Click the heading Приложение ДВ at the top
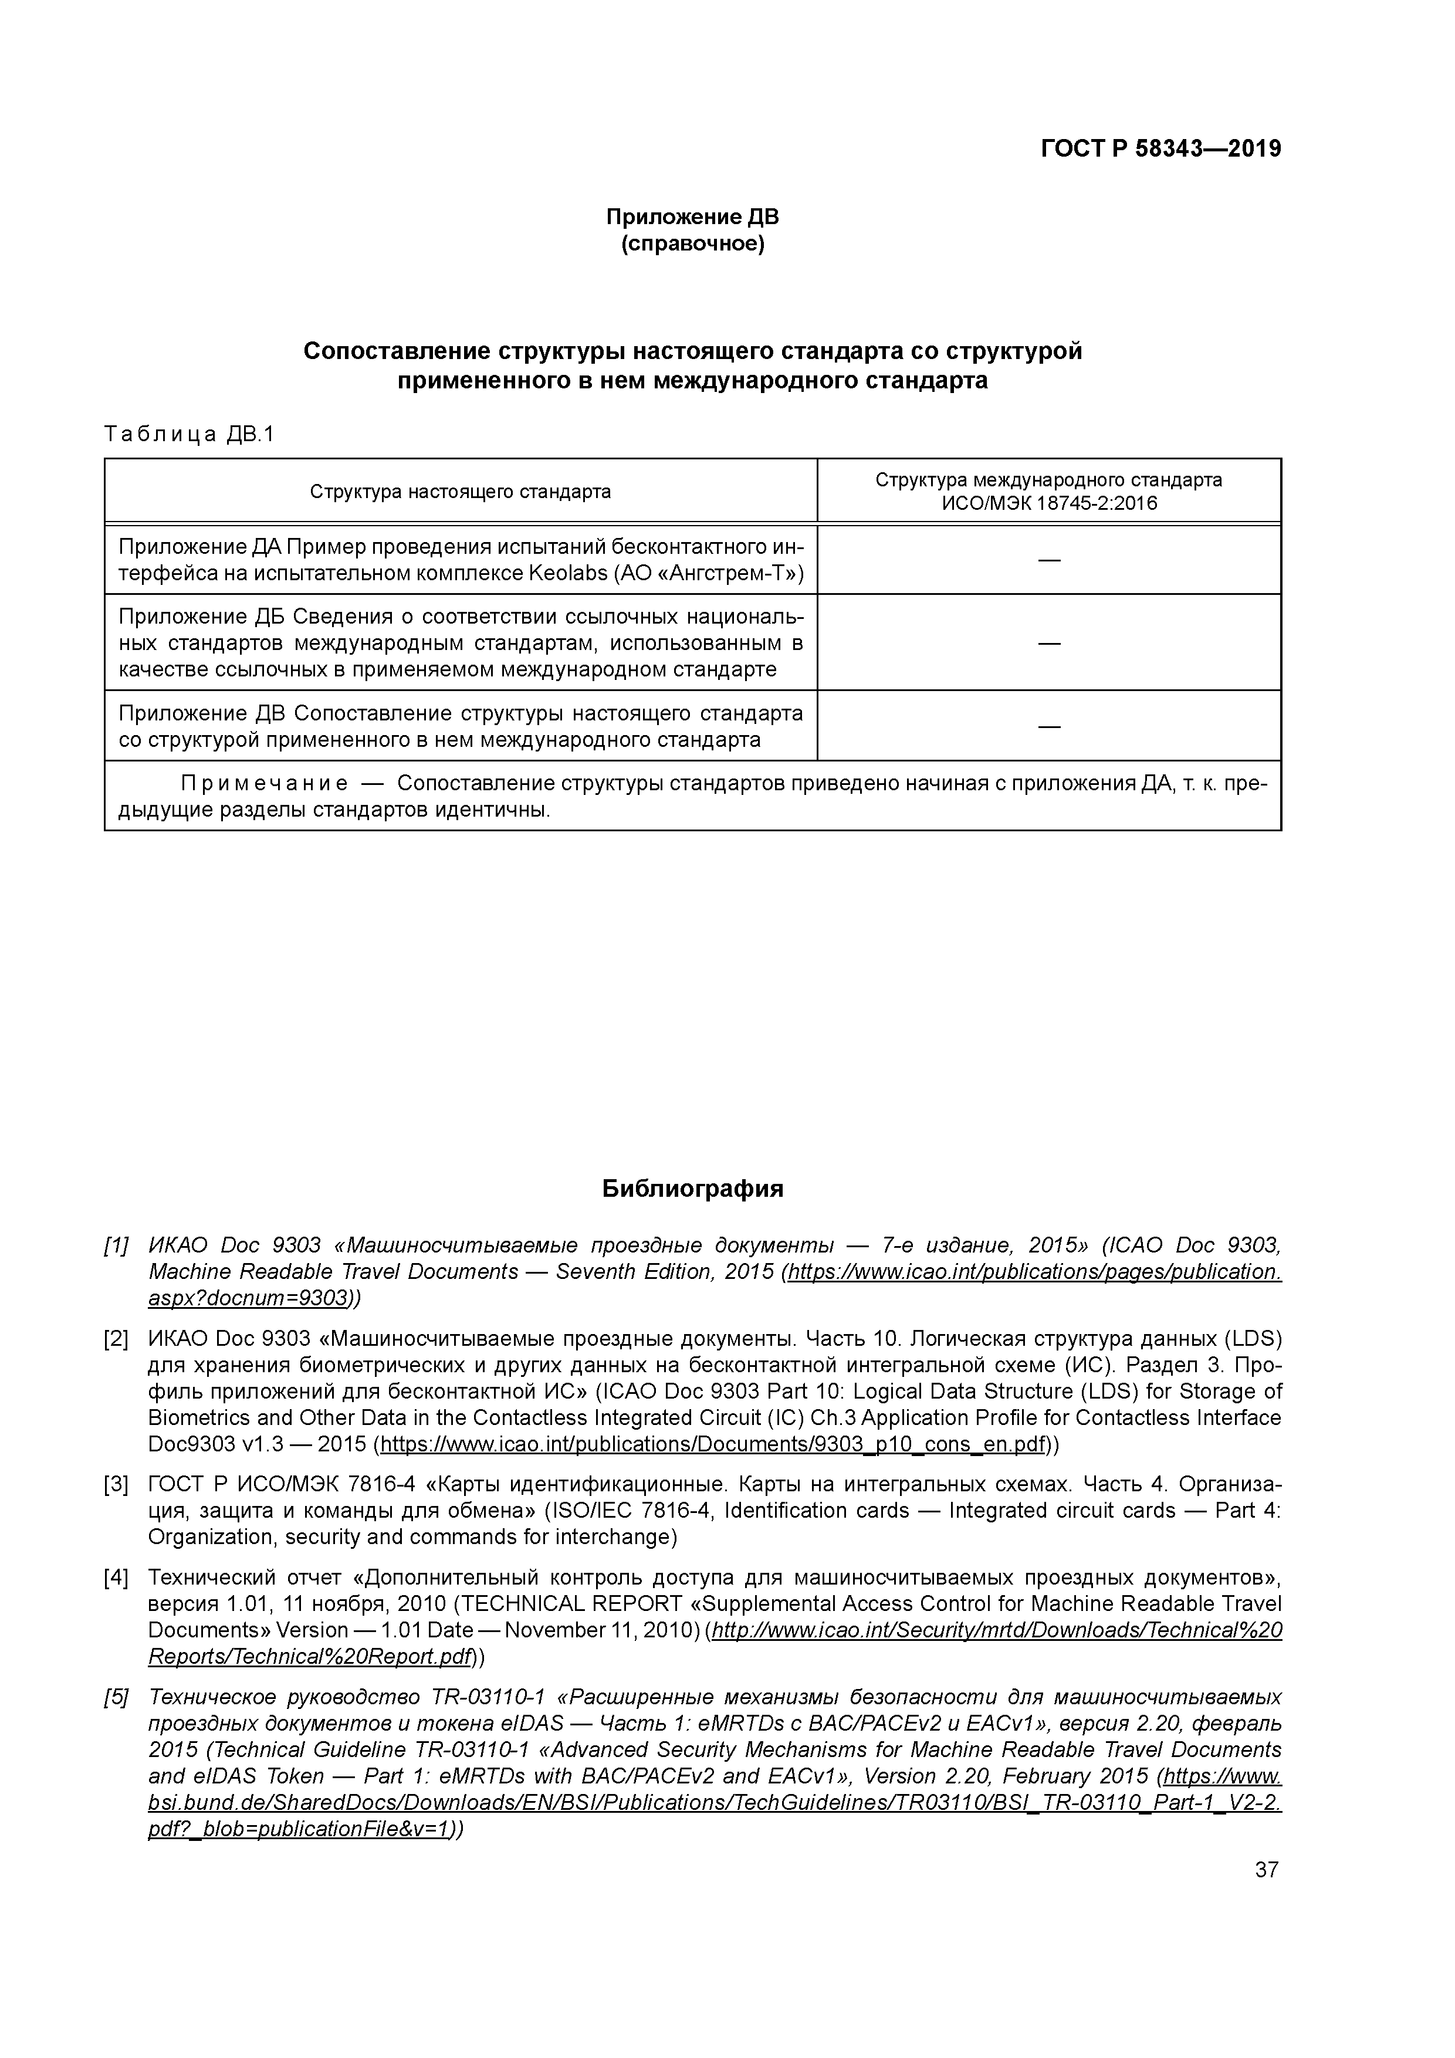(x=692, y=217)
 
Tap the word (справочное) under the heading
(x=692, y=244)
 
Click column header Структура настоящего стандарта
(x=460, y=491)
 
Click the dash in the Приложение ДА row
(x=1049, y=560)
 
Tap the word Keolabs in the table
(x=569, y=574)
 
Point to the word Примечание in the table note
(x=265, y=783)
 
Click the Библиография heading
(x=692, y=1189)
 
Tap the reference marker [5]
(x=117, y=1697)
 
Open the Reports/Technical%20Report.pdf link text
(x=309, y=1657)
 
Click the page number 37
(x=1266, y=1870)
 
